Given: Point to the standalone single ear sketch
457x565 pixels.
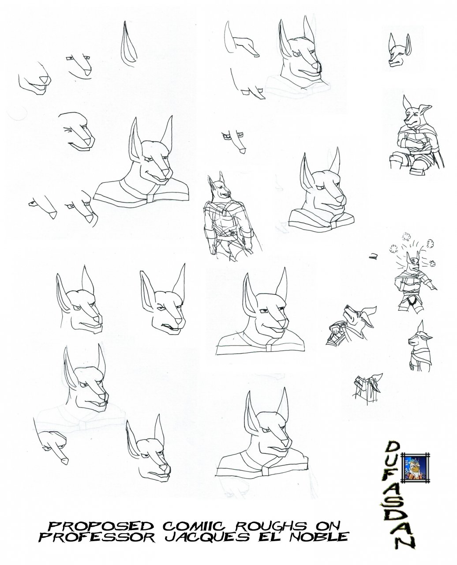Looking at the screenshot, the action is (128, 44).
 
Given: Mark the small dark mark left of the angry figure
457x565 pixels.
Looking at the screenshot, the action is (373, 256).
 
